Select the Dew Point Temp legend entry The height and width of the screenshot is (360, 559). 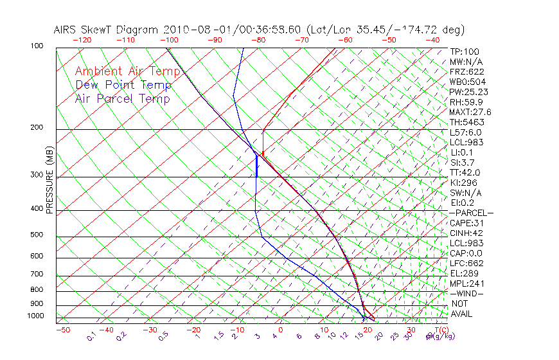123,85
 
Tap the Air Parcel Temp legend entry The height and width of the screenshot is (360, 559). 123,98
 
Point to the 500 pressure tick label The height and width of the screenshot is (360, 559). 37,235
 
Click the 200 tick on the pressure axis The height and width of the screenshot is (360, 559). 37,127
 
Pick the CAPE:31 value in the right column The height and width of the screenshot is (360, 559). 467,223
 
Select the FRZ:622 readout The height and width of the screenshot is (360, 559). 467,71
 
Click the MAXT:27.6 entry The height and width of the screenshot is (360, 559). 471,112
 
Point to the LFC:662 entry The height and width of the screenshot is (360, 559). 466,263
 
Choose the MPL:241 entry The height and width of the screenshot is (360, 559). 467,283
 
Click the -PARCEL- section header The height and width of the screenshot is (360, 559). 472,213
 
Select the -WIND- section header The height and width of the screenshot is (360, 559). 467,293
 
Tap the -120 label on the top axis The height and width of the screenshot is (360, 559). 81,39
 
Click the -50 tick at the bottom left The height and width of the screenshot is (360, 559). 62,330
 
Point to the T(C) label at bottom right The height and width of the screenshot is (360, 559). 439,330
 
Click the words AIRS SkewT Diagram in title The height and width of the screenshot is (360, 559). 107,30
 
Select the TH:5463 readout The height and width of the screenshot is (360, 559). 467,122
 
